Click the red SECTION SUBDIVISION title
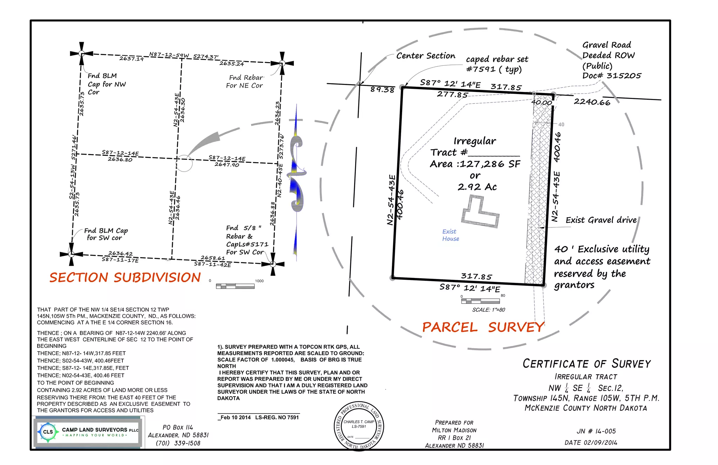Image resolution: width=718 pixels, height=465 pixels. [x=125, y=278]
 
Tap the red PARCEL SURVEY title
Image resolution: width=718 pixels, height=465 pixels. [x=483, y=327]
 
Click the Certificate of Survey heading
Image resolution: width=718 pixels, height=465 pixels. [x=587, y=364]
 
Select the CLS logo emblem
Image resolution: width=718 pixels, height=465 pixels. [x=48, y=432]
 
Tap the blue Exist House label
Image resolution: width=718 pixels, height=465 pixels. [x=451, y=235]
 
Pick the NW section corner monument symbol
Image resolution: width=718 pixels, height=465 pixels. [x=81, y=54]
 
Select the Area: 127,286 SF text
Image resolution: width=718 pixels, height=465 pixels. [x=475, y=164]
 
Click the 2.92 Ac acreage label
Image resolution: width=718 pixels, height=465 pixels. [x=477, y=187]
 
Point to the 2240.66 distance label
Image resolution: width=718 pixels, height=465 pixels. [x=592, y=102]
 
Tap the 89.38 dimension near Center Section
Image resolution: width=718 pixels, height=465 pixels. [x=382, y=90]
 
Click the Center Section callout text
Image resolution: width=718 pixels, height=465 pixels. [x=426, y=56]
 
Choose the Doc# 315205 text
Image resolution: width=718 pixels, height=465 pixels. [x=612, y=76]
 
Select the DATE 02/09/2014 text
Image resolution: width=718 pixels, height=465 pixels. [x=591, y=443]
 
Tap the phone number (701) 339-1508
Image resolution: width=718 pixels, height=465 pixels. [x=178, y=443]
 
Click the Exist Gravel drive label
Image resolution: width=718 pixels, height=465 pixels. [x=601, y=220]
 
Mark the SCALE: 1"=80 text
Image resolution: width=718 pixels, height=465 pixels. [x=488, y=310]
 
